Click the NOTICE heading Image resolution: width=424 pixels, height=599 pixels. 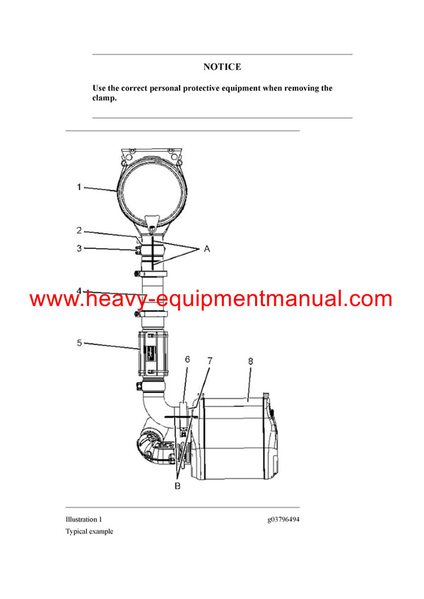coord(222,67)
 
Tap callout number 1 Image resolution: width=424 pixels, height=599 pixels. coord(79,187)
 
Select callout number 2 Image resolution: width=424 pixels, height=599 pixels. coord(79,231)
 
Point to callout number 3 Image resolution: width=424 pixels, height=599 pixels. coord(79,248)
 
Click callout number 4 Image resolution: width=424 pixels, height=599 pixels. coord(79,290)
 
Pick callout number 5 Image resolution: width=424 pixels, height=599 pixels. coord(79,344)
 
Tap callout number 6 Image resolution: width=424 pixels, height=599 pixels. coord(187,359)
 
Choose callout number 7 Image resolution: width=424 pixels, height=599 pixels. coord(210,361)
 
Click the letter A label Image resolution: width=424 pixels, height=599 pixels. coord(206,249)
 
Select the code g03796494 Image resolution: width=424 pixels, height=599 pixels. coord(283,519)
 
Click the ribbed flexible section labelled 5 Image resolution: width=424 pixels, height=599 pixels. coord(154,353)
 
